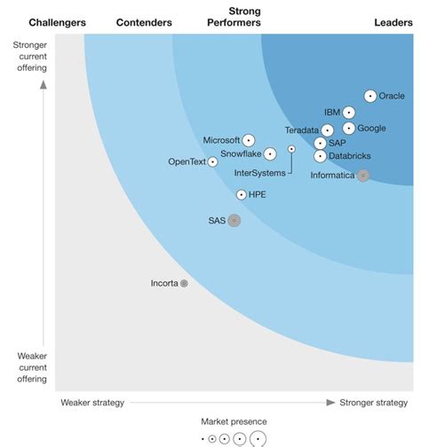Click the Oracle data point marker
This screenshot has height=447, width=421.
[x=370, y=96]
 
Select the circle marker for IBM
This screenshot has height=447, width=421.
[x=349, y=113]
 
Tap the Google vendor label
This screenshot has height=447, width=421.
[x=371, y=129]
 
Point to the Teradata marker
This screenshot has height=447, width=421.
[x=328, y=130]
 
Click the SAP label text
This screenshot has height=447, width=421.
[x=338, y=143]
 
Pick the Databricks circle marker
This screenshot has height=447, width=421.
[x=321, y=156]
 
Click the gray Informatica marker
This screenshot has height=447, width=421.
[x=362, y=176]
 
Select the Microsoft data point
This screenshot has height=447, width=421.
[x=249, y=140]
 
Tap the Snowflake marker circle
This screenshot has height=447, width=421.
[x=270, y=154]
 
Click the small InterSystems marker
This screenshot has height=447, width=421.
[x=291, y=149]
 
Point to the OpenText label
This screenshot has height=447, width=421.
[x=187, y=161]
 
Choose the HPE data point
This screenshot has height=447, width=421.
[x=242, y=194]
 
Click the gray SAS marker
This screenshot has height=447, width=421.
[x=234, y=220]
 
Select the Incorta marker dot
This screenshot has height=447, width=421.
[x=184, y=284]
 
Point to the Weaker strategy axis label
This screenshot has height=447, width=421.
[x=92, y=403]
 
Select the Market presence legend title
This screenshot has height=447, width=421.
[x=234, y=422]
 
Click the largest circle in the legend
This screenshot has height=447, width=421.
[x=258, y=438]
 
